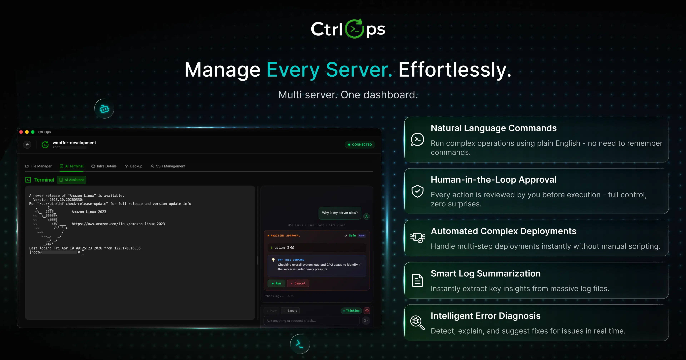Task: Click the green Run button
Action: (276, 283)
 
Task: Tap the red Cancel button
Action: (298, 283)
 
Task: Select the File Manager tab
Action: (38, 166)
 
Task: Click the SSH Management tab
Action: (168, 166)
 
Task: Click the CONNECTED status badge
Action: (360, 145)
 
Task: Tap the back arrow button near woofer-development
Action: (27, 145)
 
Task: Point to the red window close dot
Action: (21, 132)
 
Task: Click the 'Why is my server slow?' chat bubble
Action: (340, 213)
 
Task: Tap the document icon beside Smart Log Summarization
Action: (417, 280)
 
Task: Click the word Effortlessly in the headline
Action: (455, 70)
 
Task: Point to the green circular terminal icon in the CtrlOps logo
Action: (354, 29)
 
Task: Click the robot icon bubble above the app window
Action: (104, 109)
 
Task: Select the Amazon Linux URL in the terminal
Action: (118, 224)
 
